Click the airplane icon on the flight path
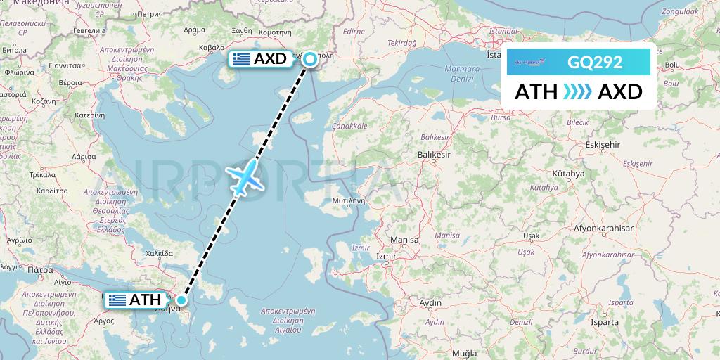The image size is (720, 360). coord(245,176)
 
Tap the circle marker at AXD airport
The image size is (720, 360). coord(309,59)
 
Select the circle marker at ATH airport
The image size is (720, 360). coord(181,300)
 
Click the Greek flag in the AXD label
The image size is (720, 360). coord(241,59)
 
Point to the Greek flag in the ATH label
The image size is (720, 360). coord(117,300)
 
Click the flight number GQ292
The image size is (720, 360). coord(595,62)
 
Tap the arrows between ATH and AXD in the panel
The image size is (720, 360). coord(577,91)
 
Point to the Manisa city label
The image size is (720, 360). coord(404,240)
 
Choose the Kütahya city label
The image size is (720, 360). coord(569,173)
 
